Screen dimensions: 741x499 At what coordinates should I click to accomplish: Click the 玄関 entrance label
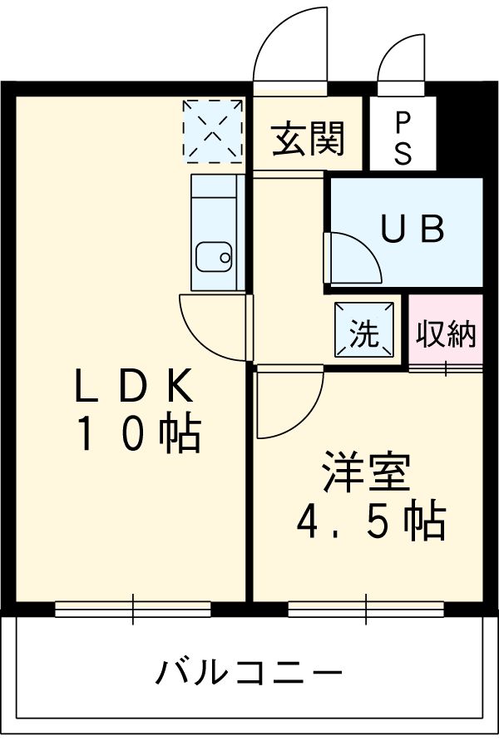coord(309,139)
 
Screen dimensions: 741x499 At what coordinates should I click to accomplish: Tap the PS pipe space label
coord(403,139)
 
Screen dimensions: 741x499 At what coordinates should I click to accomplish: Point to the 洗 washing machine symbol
coord(363,333)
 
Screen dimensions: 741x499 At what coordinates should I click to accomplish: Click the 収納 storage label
coord(446,333)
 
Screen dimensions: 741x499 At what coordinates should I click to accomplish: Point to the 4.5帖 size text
coord(371,521)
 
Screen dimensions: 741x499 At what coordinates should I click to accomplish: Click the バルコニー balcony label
coord(249,670)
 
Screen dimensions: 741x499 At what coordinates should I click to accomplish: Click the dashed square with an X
coord(213,131)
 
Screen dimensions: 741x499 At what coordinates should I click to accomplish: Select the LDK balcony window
coord(133,610)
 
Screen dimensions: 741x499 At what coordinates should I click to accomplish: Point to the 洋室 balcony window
coord(366,610)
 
